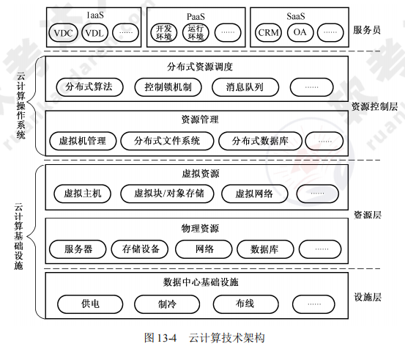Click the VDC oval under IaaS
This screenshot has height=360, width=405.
pyautogui.click(x=64, y=32)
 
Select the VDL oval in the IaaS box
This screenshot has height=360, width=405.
pyautogui.click(x=94, y=32)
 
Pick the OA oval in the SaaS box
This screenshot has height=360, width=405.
pyautogui.click(x=300, y=32)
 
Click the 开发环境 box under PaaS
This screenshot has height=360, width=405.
pyautogui.click(x=164, y=33)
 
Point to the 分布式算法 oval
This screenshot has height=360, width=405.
pyautogui.click(x=89, y=87)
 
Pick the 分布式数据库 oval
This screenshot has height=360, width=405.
pyautogui.click(x=257, y=140)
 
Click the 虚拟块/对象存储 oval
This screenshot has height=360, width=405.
pyautogui.click(x=169, y=194)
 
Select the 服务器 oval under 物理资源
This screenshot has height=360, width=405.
pyautogui.click(x=78, y=249)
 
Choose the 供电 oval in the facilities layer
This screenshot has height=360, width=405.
pyautogui.click(x=90, y=302)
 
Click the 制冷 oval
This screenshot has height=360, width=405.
pyautogui.click(x=168, y=302)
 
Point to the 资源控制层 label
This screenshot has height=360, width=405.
pyautogui.click(x=374, y=106)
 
